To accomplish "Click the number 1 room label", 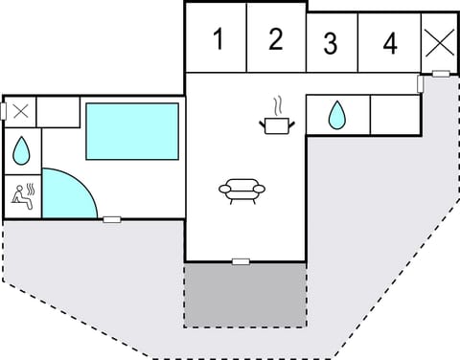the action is tap(218, 40).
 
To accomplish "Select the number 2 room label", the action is tap(276, 39).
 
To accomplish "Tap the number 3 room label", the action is tap(330, 44).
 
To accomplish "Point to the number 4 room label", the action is tap(389, 43).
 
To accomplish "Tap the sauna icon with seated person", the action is tap(21, 195).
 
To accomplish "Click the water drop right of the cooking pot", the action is tap(337, 116).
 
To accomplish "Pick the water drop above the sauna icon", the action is tap(21, 149).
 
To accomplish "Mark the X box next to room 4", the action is tap(440, 42).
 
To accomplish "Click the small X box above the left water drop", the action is tap(21, 110).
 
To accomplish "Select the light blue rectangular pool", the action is tap(132, 131).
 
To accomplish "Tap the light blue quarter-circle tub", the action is tap(65, 194).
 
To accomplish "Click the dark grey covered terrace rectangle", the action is tap(245, 295).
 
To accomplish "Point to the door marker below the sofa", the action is tap(241, 261).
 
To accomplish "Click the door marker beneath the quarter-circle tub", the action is tap(112, 219).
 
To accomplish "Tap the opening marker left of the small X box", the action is tap(5, 111).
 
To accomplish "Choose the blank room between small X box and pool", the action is tap(57, 111).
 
